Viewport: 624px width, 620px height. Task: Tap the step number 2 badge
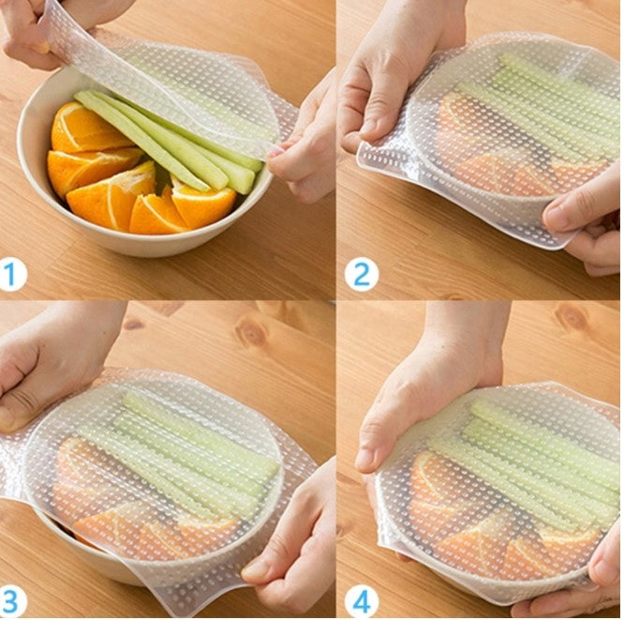[x=362, y=275]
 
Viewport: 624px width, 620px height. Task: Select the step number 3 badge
[x=11, y=601]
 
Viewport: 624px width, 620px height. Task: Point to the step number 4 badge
[x=362, y=601]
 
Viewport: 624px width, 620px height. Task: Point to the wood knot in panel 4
[x=572, y=318]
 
